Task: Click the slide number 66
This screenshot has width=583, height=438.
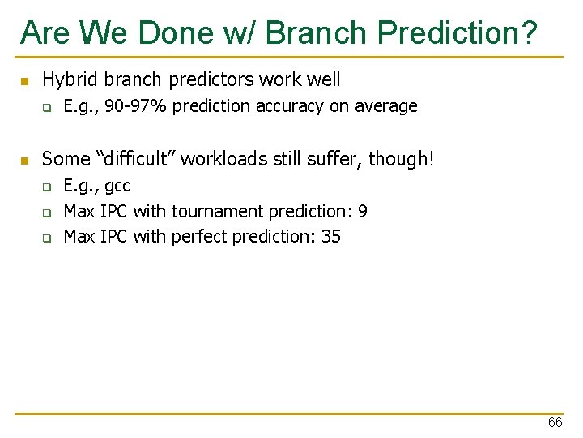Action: [x=555, y=423]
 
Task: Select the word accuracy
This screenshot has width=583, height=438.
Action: [x=290, y=106]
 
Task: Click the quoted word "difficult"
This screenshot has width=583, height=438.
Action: [x=132, y=159]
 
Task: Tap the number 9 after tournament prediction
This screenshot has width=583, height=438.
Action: [x=363, y=212]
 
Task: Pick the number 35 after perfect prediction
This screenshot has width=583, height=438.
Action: [x=330, y=237]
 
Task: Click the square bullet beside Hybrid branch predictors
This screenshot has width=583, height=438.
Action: [x=24, y=81]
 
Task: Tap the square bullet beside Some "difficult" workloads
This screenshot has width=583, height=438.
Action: [x=24, y=160]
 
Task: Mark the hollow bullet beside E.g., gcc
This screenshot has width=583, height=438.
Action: [x=47, y=187]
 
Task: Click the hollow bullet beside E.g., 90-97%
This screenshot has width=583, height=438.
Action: [x=47, y=107]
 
